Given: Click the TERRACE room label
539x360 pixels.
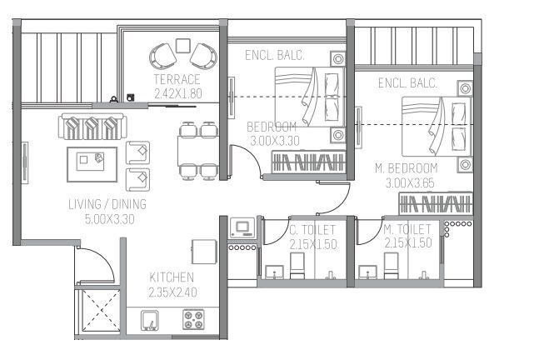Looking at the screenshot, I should (x=176, y=79).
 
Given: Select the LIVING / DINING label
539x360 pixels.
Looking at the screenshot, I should (x=107, y=204).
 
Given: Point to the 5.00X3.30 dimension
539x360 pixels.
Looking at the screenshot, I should (x=107, y=219).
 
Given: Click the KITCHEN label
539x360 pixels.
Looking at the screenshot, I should (x=172, y=277).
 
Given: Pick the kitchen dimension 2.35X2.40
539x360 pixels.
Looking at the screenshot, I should (x=172, y=292).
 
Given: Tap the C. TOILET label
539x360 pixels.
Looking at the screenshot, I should (x=312, y=229).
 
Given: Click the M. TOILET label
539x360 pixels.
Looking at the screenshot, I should (x=407, y=229).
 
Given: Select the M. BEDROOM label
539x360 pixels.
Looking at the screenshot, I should (x=417, y=167).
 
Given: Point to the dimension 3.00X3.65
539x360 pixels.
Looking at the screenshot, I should (x=417, y=182).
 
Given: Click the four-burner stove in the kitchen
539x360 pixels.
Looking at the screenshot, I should (x=194, y=321).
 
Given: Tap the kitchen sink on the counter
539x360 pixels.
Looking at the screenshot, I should (x=150, y=320).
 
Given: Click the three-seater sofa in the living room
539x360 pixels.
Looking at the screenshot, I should (x=91, y=127).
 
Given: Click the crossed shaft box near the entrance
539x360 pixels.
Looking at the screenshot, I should (x=97, y=314).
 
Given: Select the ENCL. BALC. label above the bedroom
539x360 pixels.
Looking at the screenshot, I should (x=274, y=56).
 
